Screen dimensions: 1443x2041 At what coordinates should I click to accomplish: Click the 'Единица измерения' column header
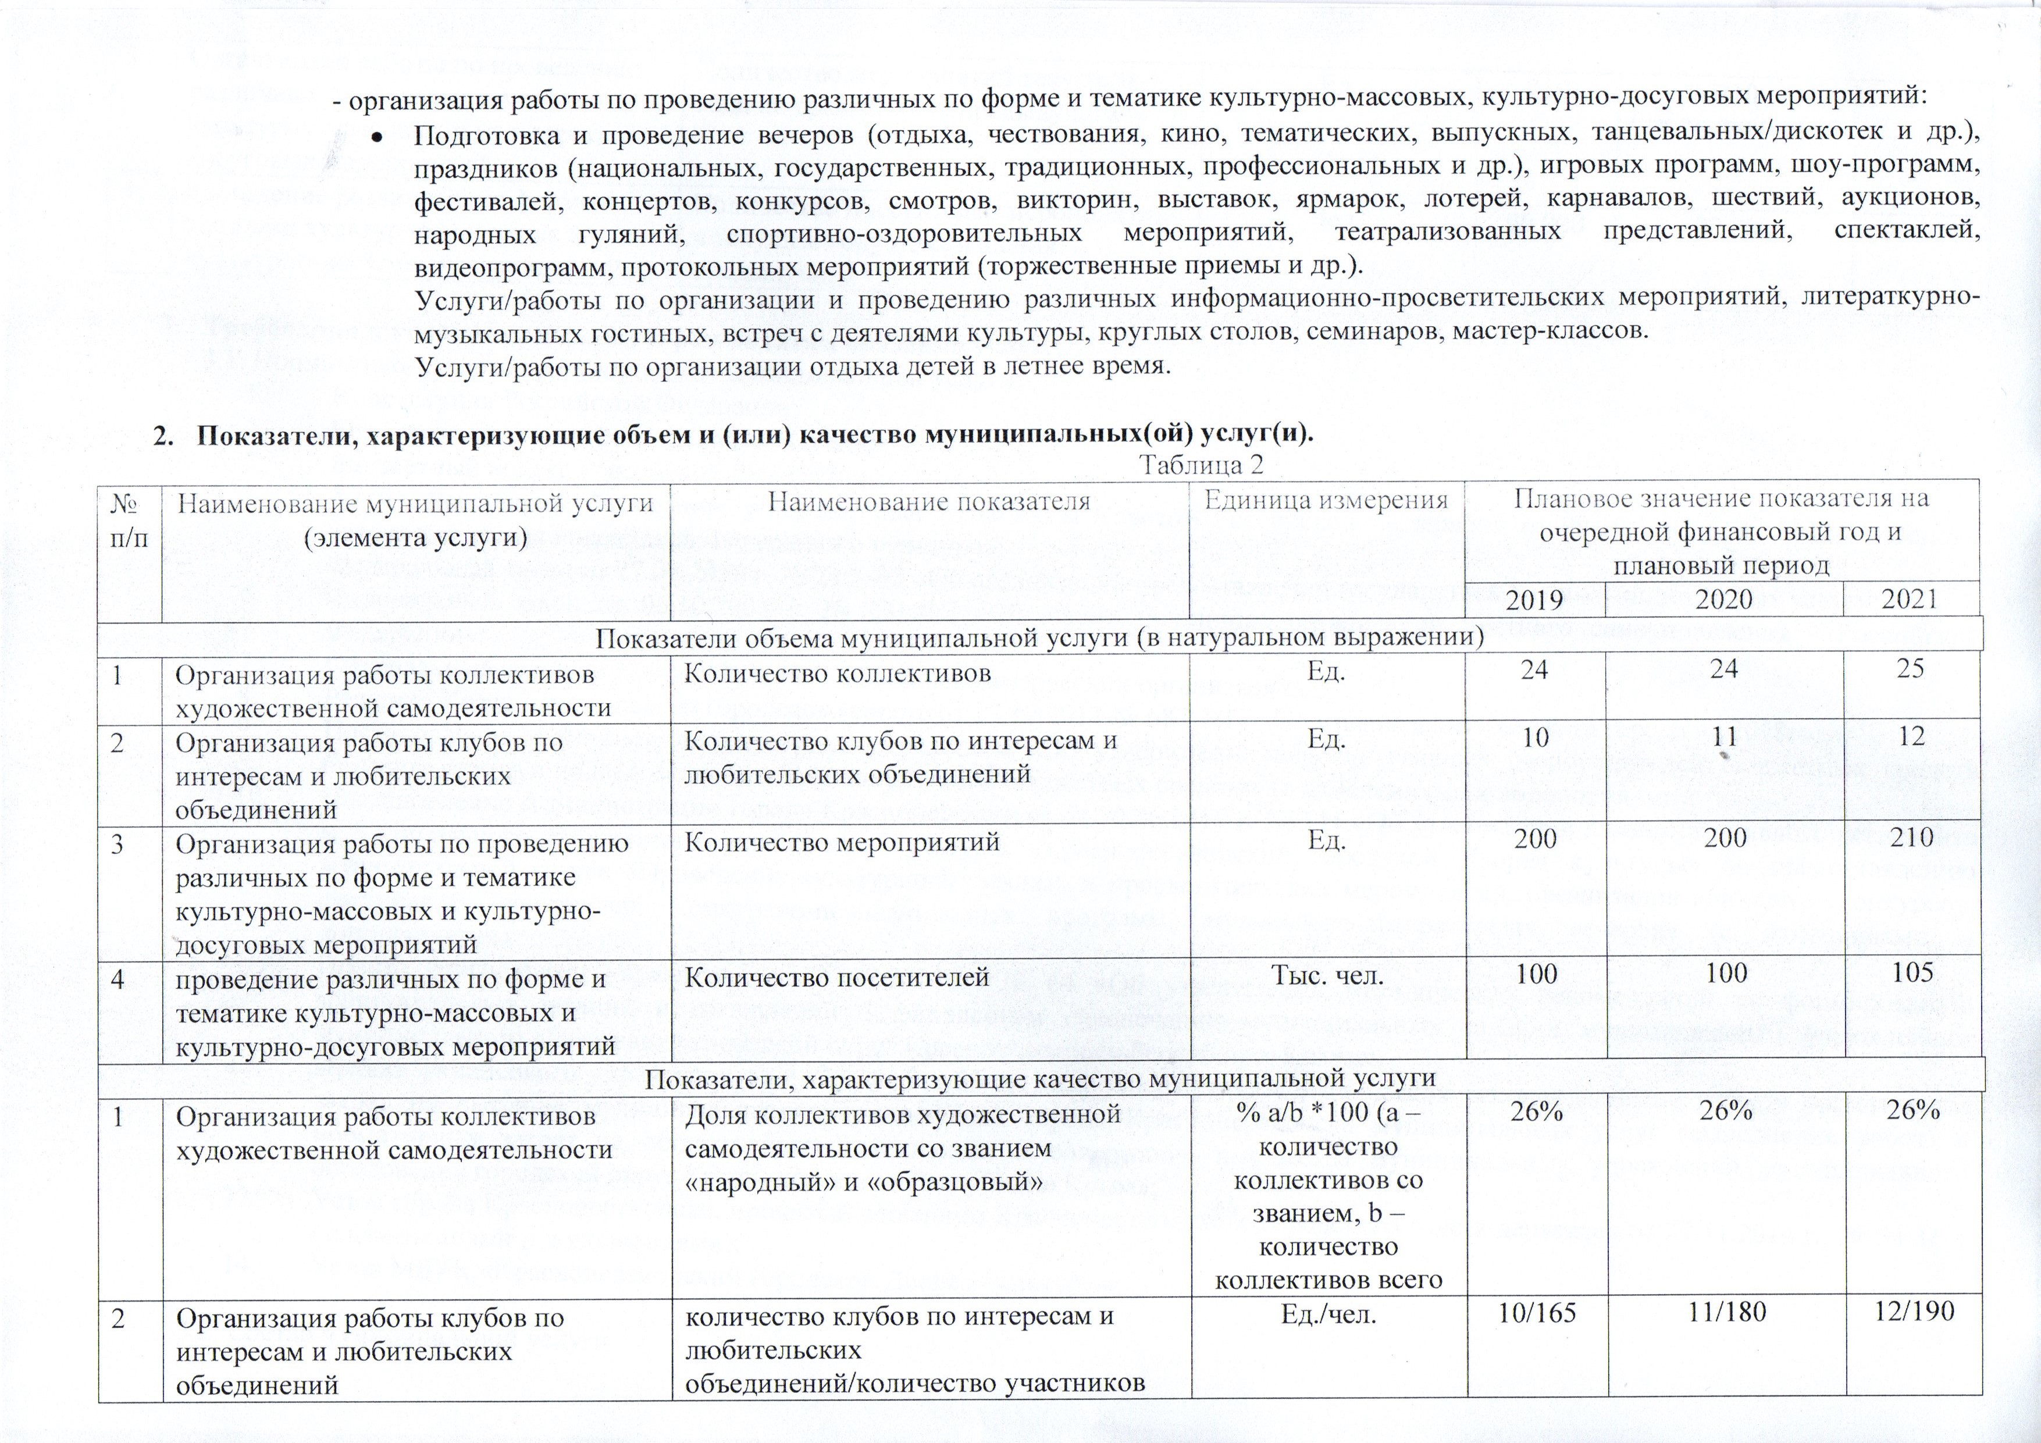[1326, 501]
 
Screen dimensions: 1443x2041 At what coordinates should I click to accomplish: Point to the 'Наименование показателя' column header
[929, 501]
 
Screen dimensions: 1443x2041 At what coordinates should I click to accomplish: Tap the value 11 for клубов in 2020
[1725, 737]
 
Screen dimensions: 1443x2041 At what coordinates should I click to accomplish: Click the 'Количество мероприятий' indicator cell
[842, 840]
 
